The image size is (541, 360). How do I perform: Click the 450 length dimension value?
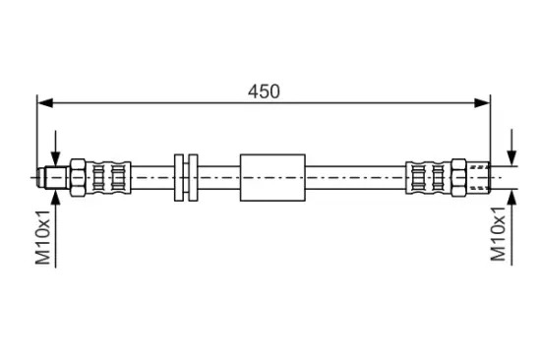pos(264,91)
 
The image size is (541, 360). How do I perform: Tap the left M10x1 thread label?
pos(43,237)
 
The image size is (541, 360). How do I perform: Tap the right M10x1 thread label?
pos(499,234)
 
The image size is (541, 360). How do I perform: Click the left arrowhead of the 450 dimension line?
pos(45,103)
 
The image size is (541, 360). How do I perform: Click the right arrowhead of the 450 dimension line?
pos(482,103)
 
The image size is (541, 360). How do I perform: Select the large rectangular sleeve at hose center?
pos(272,177)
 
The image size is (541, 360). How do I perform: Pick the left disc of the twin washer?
pos(179,177)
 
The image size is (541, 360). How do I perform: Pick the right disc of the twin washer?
pos(193,177)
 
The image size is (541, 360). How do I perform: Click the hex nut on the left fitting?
pos(78,178)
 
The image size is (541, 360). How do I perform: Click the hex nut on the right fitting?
pos(458,178)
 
